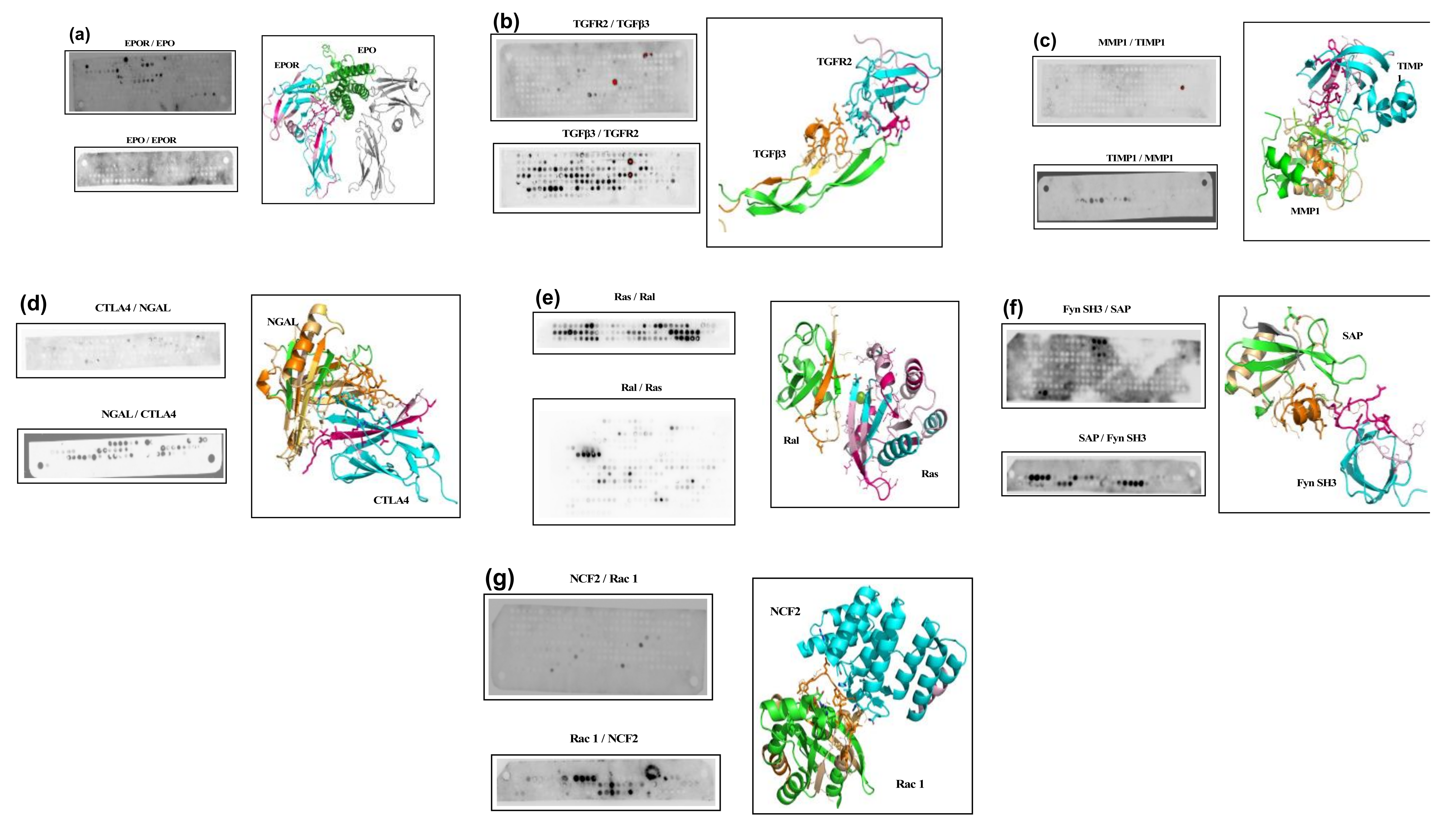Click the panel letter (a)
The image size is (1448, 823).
pos(79,35)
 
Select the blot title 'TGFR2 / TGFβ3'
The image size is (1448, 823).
pos(611,24)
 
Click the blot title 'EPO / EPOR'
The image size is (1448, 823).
pos(151,140)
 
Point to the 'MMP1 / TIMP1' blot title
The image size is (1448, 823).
pos(1131,42)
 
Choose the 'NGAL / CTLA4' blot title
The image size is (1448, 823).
pos(139,414)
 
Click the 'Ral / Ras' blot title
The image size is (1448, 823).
pos(641,388)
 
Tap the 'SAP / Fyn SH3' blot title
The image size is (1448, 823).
pos(1111,438)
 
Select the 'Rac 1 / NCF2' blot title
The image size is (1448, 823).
pos(603,739)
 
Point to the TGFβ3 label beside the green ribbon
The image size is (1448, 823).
pos(769,154)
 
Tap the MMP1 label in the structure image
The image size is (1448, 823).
pos(1304,211)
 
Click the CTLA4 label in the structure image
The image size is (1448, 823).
pos(391,500)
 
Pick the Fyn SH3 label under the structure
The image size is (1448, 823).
pos(1316,483)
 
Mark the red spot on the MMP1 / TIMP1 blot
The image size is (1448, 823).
pos(1182,88)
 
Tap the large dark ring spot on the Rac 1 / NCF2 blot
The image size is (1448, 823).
pos(651,771)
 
